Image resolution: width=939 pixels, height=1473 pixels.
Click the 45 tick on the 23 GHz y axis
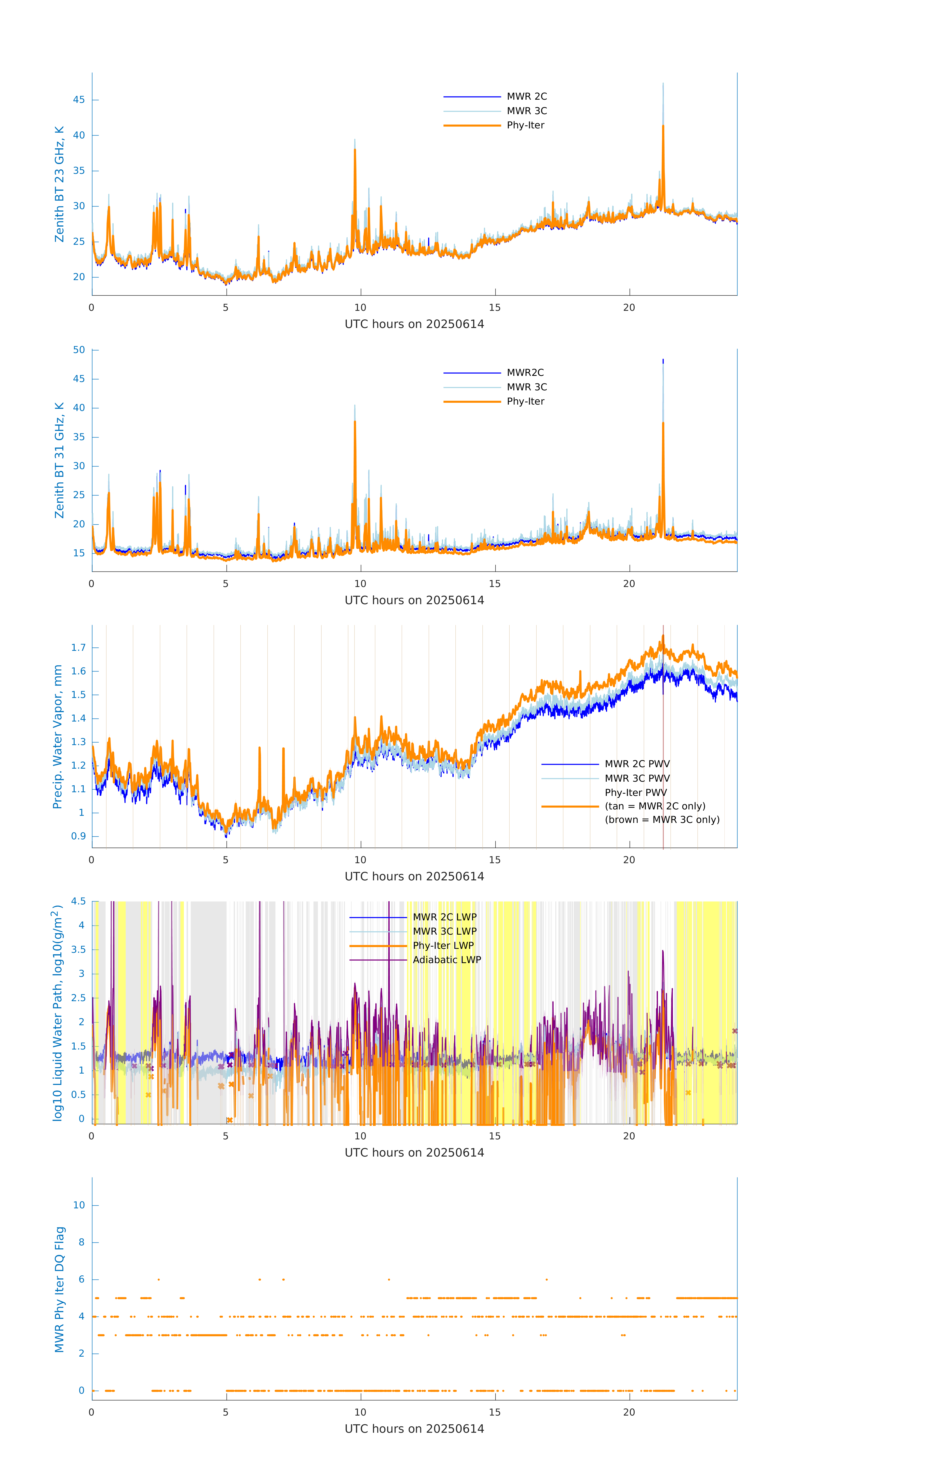[x=79, y=100]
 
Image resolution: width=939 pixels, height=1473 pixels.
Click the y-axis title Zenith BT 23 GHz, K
[x=59, y=184]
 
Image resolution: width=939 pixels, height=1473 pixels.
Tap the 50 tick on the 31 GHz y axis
[x=79, y=350]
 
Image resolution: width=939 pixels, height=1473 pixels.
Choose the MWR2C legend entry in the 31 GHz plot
[x=525, y=372]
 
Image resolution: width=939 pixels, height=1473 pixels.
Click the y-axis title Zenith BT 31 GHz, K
[x=59, y=460]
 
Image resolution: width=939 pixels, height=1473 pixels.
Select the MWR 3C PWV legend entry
[x=637, y=778]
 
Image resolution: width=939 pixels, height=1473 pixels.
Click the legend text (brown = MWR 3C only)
[x=662, y=820]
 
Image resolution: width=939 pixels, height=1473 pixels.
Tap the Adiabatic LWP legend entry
[x=447, y=960]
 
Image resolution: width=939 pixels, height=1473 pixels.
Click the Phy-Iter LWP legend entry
[x=443, y=946]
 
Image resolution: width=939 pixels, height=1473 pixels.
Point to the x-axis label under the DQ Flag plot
[x=414, y=1429]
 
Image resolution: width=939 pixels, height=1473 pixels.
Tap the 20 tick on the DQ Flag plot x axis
[x=629, y=1412]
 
